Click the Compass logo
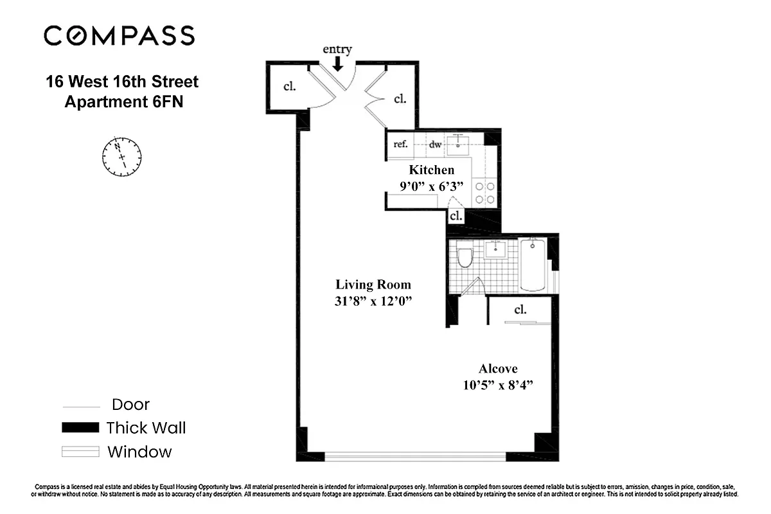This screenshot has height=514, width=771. coord(119,35)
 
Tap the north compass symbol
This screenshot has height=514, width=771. coord(122,156)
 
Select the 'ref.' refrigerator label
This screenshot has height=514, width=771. coord(400,144)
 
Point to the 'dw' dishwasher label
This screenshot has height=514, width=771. coord(436,145)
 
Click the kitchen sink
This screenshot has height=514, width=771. coord(460,143)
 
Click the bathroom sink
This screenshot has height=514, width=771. coord(497,249)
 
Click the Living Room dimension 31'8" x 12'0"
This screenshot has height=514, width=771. coord(373,303)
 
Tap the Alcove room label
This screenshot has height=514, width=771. coord(497,369)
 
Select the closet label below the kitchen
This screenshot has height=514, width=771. coord(456,216)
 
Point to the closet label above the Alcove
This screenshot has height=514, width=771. coord(520,310)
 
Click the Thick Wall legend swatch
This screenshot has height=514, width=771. coord(80,428)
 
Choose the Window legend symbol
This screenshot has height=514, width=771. coord(80,452)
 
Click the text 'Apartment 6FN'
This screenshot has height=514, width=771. coord(124,102)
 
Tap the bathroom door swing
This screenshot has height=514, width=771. coord(474,287)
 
